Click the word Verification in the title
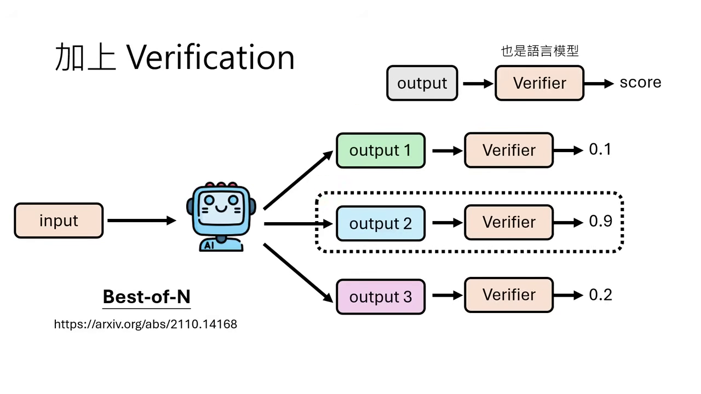[x=211, y=57]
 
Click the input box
[x=59, y=221]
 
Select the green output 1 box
[x=380, y=150]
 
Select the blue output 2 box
[x=380, y=223]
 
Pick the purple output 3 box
[x=380, y=297]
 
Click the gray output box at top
[x=422, y=83]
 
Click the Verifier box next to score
[x=539, y=83]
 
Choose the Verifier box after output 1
[x=509, y=150]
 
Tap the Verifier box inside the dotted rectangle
[x=509, y=222]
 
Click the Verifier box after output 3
[x=509, y=295]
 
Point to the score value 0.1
[x=600, y=149]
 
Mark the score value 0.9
[x=600, y=221]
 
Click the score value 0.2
[x=600, y=295]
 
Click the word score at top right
[x=640, y=83]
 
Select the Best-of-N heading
[x=146, y=297]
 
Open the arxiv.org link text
[x=145, y=324]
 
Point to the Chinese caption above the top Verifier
[x=539, y=51]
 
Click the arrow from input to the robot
[x=141, y=221]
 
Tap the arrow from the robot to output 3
[x=298, y=273]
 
